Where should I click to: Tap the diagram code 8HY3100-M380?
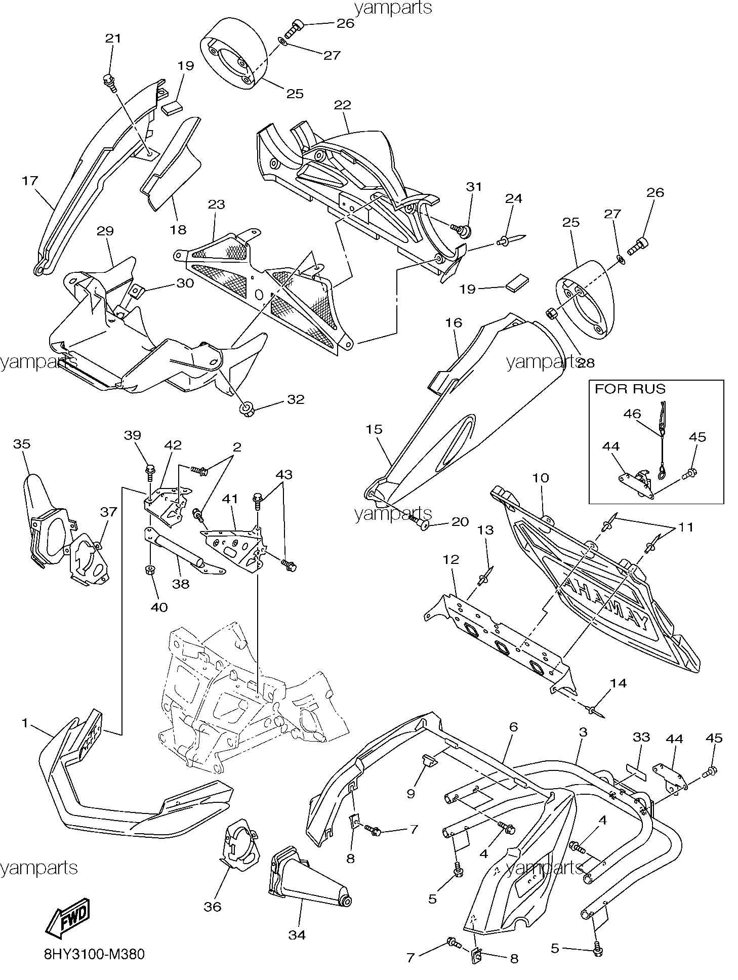tap(94, 955)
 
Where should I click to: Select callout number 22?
tap(342, 105)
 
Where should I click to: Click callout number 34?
tap(297, 935)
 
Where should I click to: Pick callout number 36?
tap(213, 906)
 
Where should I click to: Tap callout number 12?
tap(450, 559)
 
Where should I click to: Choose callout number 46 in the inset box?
tap(632, 414)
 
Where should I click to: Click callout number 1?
tap(24, 723)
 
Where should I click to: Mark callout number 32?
tap(296, 399)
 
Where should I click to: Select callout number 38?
tap(180, 584)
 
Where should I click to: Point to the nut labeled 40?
tap(150, 570)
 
